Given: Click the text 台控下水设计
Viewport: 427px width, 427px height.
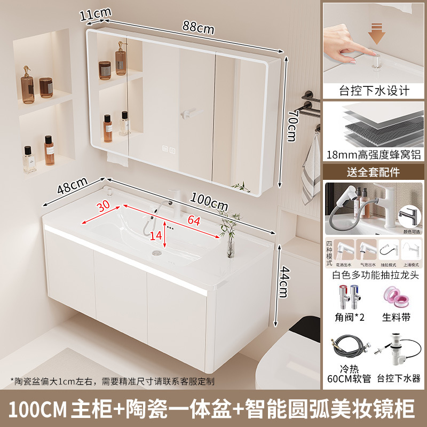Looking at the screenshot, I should pos(375,90).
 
